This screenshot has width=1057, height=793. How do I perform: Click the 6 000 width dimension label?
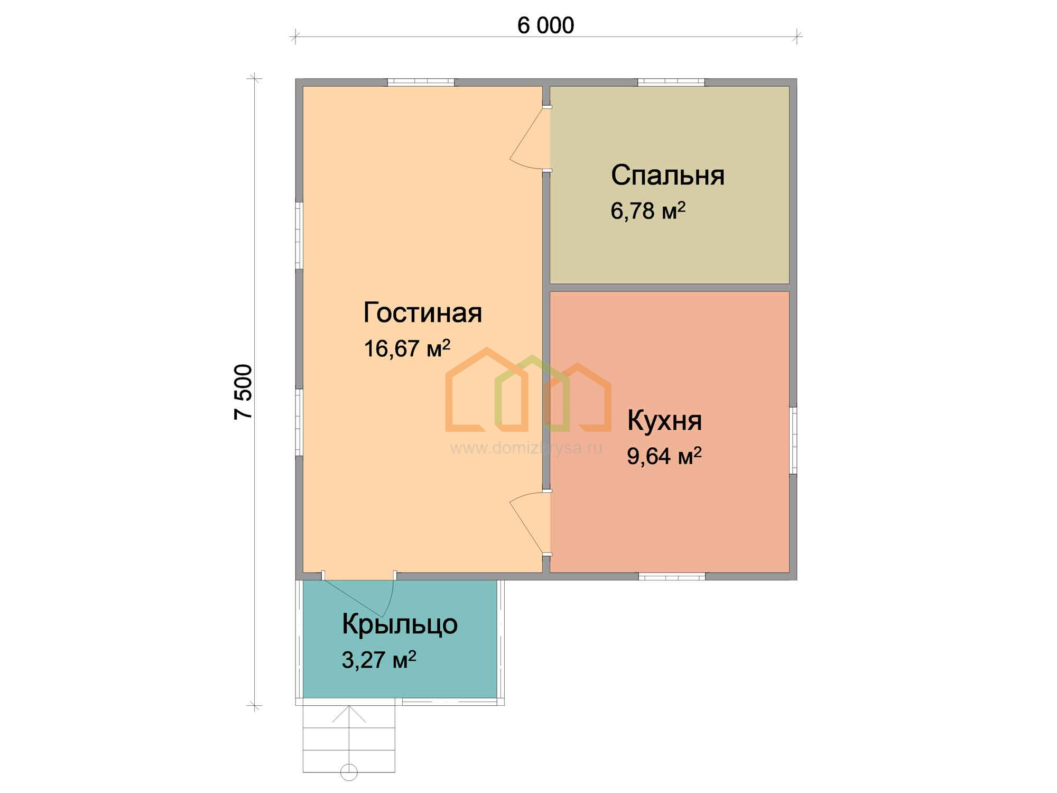point(545,25)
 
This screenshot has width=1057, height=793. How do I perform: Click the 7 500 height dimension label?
point(244,392)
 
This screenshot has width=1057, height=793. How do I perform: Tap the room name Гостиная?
point(423,312)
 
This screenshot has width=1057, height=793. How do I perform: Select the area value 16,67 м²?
point(407,348)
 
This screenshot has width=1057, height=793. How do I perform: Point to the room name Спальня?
point(667,175)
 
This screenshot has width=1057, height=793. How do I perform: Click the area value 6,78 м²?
point(648,210)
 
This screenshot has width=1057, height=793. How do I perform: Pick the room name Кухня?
point(664,421)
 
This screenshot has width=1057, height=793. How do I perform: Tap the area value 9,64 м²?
point(664,456)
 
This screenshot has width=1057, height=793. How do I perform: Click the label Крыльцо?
point(400,624)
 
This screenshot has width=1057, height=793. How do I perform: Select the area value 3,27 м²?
point(379,659)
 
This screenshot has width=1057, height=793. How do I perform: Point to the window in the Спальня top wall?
point(671,82)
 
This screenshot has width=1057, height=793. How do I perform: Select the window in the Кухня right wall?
point(793,440)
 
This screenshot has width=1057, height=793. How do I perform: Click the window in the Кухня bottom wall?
point(672,576)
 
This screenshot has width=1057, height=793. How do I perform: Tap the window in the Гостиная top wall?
point(421,82)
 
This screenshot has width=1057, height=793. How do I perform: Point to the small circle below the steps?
point(349,772)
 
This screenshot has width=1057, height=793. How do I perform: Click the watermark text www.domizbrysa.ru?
point(526,448)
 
